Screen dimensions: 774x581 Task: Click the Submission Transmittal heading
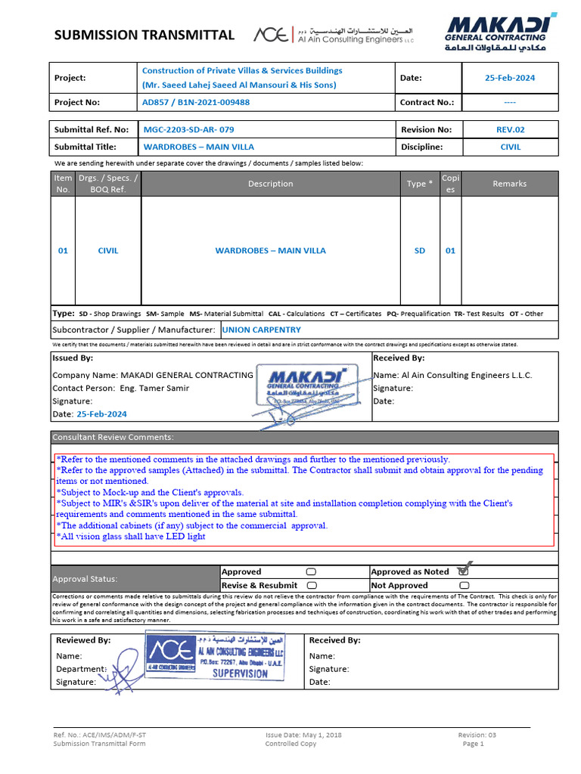[x=144, y=35]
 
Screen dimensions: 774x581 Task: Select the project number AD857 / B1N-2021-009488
[x=196, y=102]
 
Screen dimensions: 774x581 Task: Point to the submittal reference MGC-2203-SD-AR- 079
[x=188, y=129]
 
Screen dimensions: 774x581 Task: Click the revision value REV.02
[x=510, y=129]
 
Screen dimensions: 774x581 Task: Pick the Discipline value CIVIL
[x=511, y=147]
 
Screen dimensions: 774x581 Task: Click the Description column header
[x=270, y=184]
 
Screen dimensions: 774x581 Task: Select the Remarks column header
[x=509, y=184]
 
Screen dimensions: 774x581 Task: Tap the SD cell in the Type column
[x=419, y=251]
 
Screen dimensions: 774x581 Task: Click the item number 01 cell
[x=63, y=251]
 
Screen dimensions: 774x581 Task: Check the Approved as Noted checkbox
[x=464, y=571]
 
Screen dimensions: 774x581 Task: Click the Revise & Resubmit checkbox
[x=311, y=585]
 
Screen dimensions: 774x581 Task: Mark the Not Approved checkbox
[x=464, y=585]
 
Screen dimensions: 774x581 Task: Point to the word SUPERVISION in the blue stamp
[x=240, y=673]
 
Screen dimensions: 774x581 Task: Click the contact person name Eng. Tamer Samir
[x=152, y=388]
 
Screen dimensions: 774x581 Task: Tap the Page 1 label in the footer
[x=473, y=744]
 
